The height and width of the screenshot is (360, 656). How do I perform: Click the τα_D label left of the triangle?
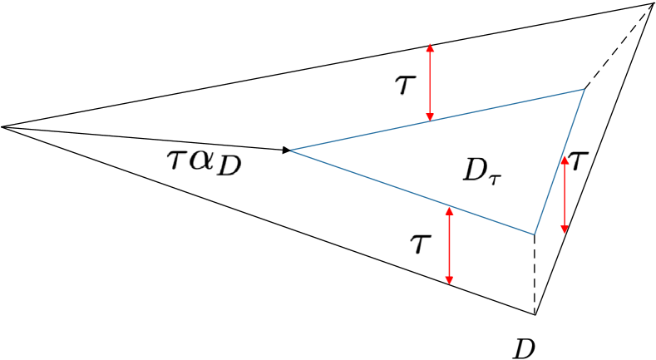(x=205, y=162)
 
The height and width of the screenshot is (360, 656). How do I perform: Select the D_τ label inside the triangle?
(x=482, y=171)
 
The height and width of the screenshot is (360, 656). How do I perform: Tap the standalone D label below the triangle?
(x=524, y=348)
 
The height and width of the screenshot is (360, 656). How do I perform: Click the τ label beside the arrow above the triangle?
(x=405, y=85)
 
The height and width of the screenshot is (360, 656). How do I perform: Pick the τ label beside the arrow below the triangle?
(x=421, y=244)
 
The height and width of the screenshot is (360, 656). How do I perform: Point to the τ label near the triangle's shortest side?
(x=578, y=160)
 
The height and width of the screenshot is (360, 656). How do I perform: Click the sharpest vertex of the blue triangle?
(x=290, y=150)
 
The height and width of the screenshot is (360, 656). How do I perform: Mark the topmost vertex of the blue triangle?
(x=584, y=89)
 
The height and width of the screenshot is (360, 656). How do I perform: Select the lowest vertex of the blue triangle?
(x=534, y=234)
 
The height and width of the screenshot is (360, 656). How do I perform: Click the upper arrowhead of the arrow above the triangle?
(x=430, y=48)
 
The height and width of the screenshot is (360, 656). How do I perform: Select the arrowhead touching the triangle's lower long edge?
(x=449, y=211)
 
